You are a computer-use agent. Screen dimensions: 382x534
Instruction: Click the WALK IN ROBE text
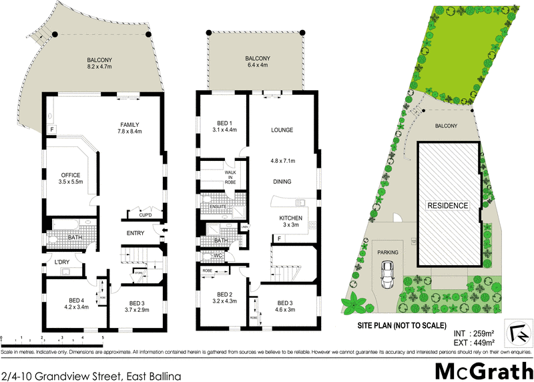[x=230, y=177]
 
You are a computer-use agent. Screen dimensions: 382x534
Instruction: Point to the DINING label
[x=283, y=182]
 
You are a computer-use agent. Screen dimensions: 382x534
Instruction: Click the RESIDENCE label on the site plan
[x=447, y=206]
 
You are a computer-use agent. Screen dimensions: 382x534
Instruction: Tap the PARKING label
[x=387, y=252]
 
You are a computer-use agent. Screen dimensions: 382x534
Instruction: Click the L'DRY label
[x=64, y=261]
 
